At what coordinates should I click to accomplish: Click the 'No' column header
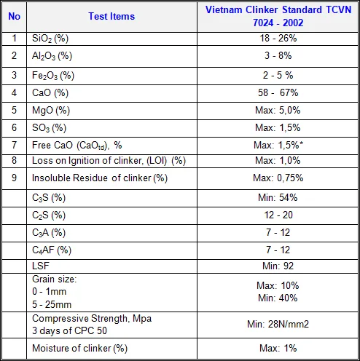point(14,16)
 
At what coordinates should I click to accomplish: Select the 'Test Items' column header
point(111,16)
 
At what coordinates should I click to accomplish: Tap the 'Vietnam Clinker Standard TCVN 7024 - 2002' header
point(278,16)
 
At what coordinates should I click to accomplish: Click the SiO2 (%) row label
point(50,39)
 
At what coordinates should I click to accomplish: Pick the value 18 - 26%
point(278,39)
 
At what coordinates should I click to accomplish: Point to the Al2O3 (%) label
point(52,56)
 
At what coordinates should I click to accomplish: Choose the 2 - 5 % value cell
point(278,75)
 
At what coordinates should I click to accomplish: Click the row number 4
point(14,92)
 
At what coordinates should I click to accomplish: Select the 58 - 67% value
point(278,92)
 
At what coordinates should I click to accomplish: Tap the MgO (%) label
point(51,111)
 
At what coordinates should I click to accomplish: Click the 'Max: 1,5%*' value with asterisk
point(278,145)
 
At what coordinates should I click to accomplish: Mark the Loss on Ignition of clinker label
point(109,161)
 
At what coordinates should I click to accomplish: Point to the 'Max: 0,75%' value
point(278,178)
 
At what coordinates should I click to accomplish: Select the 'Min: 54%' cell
point(278,197)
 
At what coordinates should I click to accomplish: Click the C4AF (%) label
point(52,250)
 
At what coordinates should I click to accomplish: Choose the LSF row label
point(41,266)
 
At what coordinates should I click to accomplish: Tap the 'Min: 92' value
point(278,266)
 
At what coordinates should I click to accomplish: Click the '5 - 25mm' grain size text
point(52,304)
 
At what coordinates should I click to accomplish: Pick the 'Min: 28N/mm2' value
point(278,324)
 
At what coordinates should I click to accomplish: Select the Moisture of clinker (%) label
point(79,349)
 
